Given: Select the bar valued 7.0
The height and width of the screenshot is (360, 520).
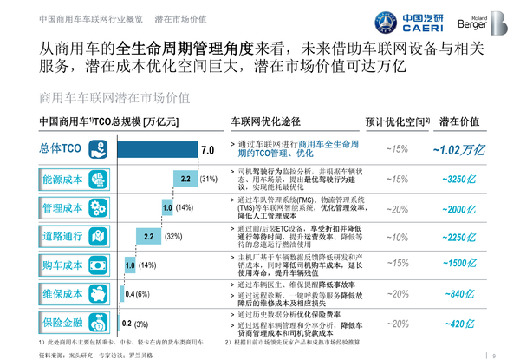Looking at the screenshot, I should point(156,149).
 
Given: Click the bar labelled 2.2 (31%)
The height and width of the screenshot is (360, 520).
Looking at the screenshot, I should point(185,179).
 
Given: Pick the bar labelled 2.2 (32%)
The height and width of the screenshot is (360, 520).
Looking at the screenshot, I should point(147,237).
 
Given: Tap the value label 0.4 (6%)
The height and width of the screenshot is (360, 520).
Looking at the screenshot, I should point(139,294).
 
